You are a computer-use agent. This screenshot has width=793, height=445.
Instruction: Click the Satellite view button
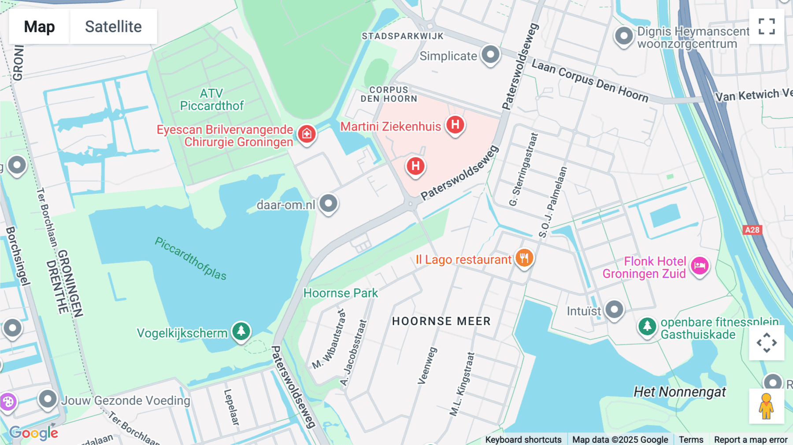tap(113, 26)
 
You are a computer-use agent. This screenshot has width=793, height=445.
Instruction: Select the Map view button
tap(39, 26)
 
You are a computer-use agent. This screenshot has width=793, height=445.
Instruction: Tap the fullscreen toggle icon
tap(767, 26)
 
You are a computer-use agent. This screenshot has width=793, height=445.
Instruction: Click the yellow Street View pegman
tap(767, 406)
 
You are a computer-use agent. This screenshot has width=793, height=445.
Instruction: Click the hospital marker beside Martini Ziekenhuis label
tap(455, 125)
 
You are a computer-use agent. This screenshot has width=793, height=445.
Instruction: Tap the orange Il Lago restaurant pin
tap(524, 258)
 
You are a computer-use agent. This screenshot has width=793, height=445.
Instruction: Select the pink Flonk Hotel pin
tap(700, 266)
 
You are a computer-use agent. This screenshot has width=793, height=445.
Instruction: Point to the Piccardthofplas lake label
tap(190, 259)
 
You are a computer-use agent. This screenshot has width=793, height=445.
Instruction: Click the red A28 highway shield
tap(752, 230)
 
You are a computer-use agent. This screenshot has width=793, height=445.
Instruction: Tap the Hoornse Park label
tap(341, 293)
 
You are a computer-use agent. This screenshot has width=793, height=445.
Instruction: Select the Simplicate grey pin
tap(490, 55)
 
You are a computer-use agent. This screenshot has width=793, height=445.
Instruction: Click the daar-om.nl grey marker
tap(328, 204)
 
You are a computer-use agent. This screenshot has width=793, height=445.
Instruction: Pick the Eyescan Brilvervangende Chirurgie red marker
tap(307, 133)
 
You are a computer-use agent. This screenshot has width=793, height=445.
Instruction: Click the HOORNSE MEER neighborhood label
tap(441, 321)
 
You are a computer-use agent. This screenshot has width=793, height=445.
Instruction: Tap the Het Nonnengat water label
tap(679, 392)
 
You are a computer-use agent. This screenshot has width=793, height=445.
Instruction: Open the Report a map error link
tap(750, 439)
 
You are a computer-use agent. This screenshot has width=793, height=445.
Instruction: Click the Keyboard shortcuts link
tap(523, 439)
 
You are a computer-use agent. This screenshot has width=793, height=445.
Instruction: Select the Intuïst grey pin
tap(614, 309)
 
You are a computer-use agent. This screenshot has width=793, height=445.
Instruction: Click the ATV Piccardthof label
tap(212, 100)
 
